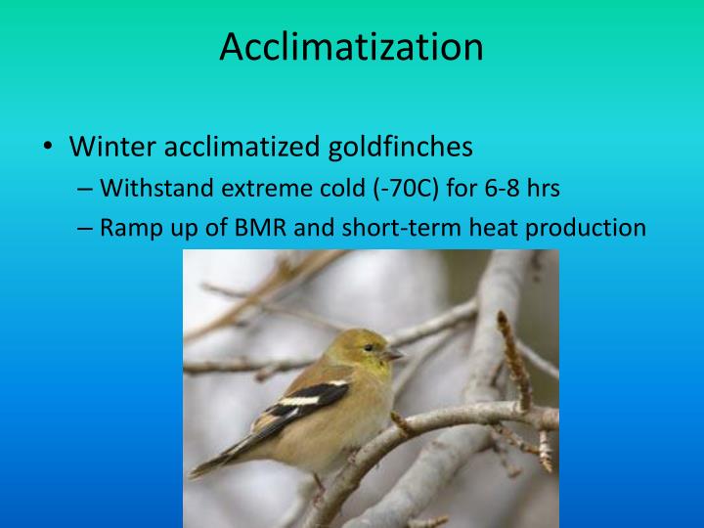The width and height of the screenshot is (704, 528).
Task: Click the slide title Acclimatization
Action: tap(351, 46)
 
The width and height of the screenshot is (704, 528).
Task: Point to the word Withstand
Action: tap(149, 188)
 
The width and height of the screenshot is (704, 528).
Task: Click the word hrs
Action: tap(537, 188)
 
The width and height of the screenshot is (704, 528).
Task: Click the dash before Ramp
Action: tap(84, 228)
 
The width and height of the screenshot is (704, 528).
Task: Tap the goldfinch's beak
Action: tap(393, 355)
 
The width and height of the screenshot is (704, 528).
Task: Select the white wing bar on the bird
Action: tap(298, 400)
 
